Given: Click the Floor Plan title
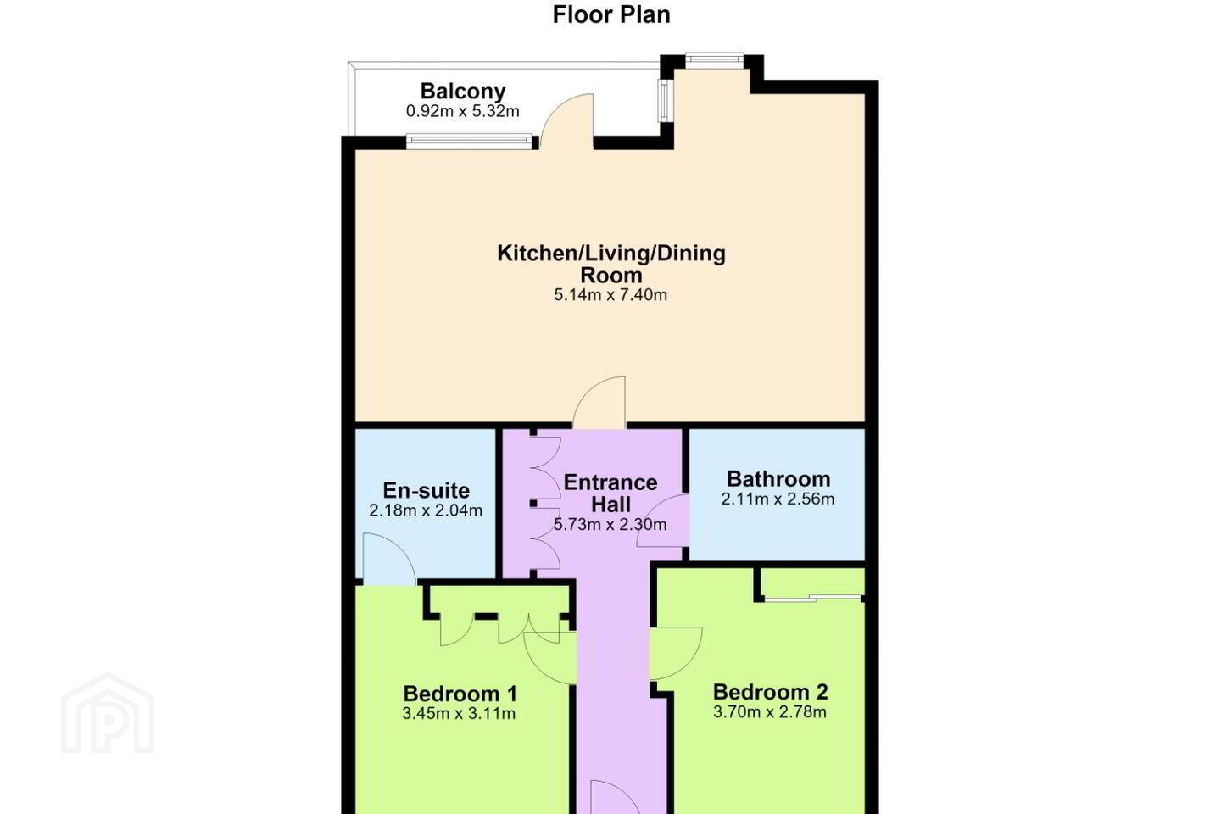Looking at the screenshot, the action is pyautogui.click(x=611, y=14).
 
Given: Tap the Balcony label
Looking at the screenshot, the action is pyautogui.click(x=463, y=91).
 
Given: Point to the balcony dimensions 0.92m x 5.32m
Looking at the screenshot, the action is pyautogui.click(x=462, y=111).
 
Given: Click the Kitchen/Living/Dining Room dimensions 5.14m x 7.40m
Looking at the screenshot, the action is pyautogui.click(x=610, y=295).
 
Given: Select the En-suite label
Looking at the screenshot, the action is pyautogui.click(x=427, y=490).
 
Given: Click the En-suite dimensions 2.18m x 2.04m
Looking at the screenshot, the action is pyautogui.click(x=426, y=510).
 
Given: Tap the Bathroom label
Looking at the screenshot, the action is pyautogui.click(x=778, y=479).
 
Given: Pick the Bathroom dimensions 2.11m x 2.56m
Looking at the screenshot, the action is pyautogui.click(x=778, y=499).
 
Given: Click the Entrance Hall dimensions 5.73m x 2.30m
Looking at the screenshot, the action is pyautogui.click(x=610, y=525).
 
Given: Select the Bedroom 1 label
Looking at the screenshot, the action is pyautogui.click(x=460, y=694).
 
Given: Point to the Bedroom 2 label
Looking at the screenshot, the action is pyautogui.click(x=770, y=692).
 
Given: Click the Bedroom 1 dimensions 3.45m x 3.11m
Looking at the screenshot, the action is pyautogui.click(x=459, y=714).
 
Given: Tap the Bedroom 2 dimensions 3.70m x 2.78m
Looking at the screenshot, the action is pyautogui.click(x=770, y=712).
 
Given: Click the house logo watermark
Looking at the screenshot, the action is pyautogui.click(x=108, y=713).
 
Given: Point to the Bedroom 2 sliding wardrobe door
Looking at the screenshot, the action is pyautogui.click(x=812, y=598).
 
